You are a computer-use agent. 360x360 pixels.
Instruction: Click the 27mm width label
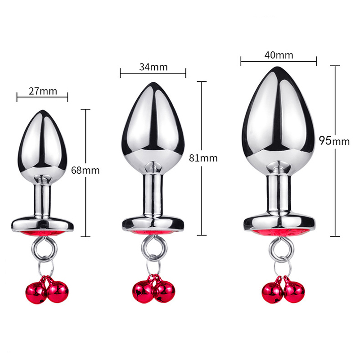coord(43,91)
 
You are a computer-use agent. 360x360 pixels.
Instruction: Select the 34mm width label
coord(153,67)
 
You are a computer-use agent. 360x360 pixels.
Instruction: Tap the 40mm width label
coord(279,55)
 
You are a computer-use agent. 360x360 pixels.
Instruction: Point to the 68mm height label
coord(85,171)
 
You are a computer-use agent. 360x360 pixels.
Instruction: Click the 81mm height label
coord(203,158)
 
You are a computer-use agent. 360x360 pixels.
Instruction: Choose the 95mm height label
coord(334,141)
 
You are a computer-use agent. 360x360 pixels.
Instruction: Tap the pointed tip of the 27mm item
coord(42,110)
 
